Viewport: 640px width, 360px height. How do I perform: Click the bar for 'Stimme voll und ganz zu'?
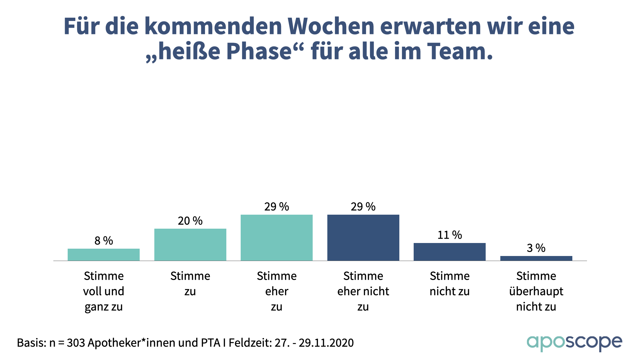pyautogui.click(x=104, y=255)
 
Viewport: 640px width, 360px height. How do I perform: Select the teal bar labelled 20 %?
pyautogui.click(x=190, y=245)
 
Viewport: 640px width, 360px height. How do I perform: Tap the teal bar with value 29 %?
pyautogui.click(x=277, y=238)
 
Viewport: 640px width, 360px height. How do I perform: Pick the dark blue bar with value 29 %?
pyautogui.click(x=363, y=238)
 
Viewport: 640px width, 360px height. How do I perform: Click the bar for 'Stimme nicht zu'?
pyautogui.click(x=450, y=252)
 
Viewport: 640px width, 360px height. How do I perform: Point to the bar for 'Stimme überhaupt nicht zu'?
pyautogui.click(x=536, y=258)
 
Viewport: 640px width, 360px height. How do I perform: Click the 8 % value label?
pyautogui.click(x=104, y=241)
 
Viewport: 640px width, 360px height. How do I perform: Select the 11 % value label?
pyautogui.click(x=450, y=235)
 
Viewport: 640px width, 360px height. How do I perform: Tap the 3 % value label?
pyautogui.click(x=536, y=248)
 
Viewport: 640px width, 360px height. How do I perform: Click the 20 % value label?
pyautogui.click(x=190, y=221)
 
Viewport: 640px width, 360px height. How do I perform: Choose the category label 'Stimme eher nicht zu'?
pyautogui.click(x=363, y=291)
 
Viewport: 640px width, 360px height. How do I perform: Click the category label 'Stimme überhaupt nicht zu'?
pyautogui.click(x=536, y=291)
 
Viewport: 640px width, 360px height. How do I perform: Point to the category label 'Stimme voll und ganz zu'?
pyautogui.click(x=104, y=291)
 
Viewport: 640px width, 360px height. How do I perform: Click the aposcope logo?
pyautogui.click(x=574, y=343)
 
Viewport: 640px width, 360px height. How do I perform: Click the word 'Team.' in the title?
pyautogui.click(x=460, y=52)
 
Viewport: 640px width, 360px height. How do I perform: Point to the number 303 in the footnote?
pyautogui.click(x=76, y=343)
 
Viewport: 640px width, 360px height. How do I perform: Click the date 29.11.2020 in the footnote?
pyautogui.click(x=326, y=343)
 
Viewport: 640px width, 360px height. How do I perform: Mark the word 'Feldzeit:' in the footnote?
pyautogui.click(x=250, y=343)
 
